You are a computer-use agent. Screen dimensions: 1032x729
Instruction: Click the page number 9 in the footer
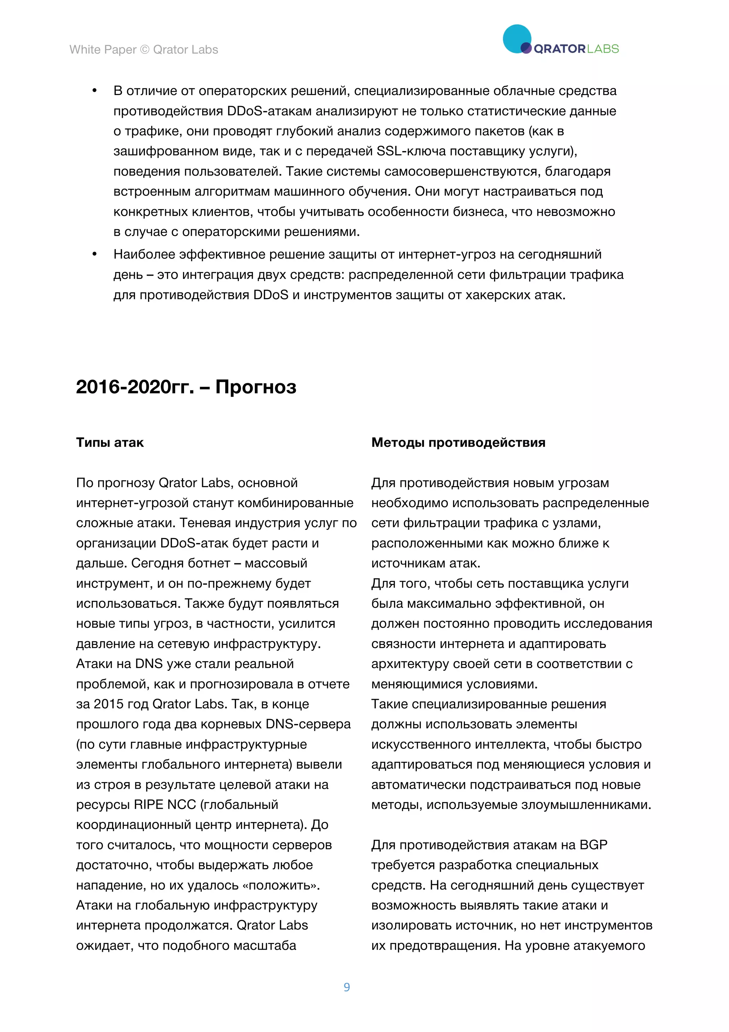click(x=346, y=987)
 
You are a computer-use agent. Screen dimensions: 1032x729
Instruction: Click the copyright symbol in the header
click(x=145, y=49)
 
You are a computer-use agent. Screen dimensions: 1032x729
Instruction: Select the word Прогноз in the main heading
click(x=256, y=387)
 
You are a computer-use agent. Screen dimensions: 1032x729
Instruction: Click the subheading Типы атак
click(x=110, y=442)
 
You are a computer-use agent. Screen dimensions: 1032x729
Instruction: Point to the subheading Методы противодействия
click(x=458, y=442)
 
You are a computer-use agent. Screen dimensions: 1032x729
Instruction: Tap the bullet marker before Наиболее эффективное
click(x=94, y=254)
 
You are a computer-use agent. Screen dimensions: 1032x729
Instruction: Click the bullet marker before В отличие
click(x=94, y=91)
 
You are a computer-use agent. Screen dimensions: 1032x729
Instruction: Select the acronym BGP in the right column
click(x=593, y=845)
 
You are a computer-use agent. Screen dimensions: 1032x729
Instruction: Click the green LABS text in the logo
click(x=603, y=49)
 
